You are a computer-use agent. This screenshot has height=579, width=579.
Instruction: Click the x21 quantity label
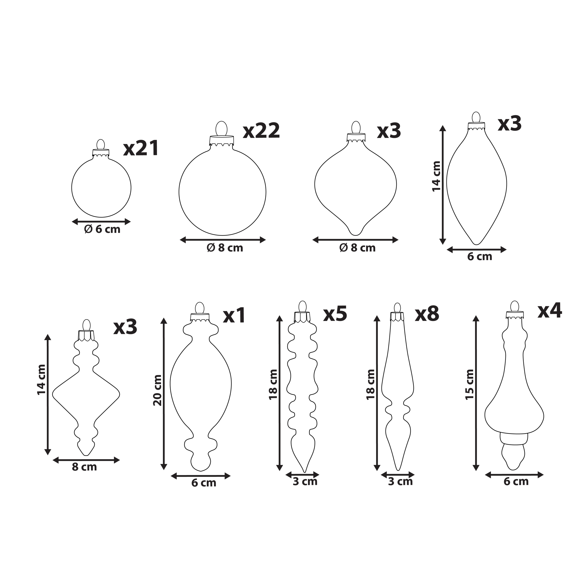point(141,148)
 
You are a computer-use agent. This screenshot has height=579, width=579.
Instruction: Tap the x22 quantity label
point(261,131)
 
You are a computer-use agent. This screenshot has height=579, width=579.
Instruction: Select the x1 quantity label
point(234,315)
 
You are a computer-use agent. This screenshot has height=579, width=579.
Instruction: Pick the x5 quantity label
point(335,313)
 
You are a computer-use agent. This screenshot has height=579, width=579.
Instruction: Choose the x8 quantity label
point(427,314)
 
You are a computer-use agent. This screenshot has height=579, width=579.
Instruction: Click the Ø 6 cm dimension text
point(102,230)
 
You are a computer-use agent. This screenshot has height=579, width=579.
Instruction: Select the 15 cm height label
point(470,384)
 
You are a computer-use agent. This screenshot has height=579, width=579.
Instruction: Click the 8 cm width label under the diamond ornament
point(85,467)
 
